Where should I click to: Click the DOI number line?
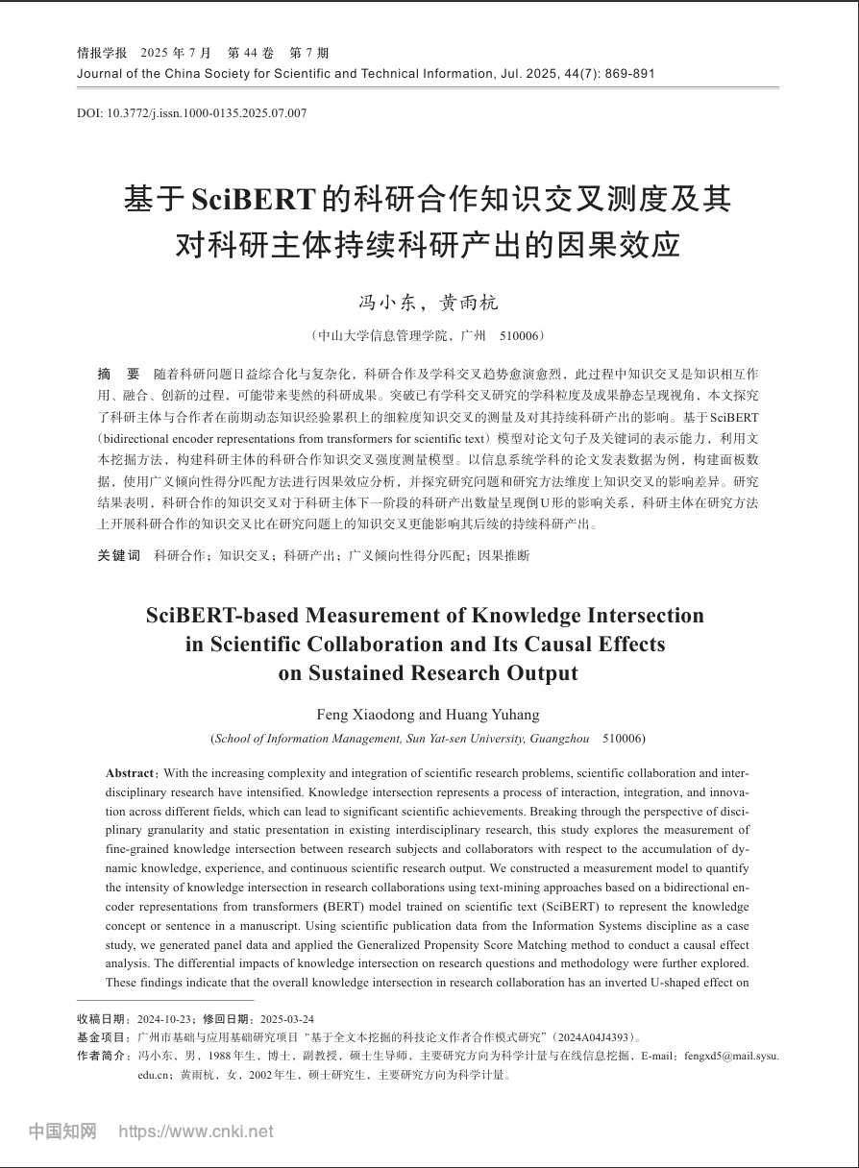click(192, 113)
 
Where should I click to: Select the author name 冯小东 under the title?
click(387, 303)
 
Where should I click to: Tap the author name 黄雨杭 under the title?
click(469, 303)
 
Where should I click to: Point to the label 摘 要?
click(118, 373)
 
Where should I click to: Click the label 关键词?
click(118, 555)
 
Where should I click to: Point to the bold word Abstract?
click(130, 772)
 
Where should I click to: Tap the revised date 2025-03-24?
click(287, 1019)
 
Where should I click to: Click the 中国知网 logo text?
click(62, 1131)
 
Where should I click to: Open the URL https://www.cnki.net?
click(195, 1131)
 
